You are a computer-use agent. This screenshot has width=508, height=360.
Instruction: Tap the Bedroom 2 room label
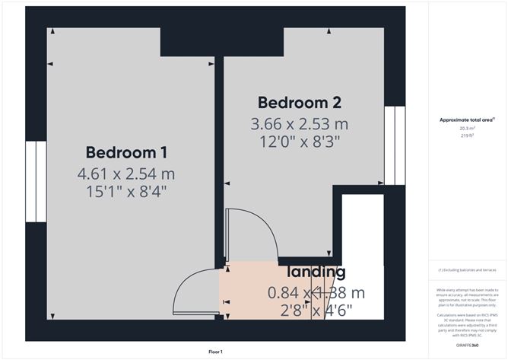click(x=299, y=102)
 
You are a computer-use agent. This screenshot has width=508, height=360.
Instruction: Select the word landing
click(x=316, y=272)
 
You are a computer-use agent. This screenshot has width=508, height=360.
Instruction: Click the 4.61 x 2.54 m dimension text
click(x=126, y=174)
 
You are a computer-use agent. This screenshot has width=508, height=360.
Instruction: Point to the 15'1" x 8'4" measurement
click(x=126, y=193)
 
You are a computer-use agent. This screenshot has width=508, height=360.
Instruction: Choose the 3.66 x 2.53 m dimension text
click(x=299, y=123)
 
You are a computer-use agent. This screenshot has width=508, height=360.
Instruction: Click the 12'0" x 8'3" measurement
click(x=299, y=142)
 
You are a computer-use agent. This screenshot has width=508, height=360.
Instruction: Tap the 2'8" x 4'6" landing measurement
click(x=316, y=310)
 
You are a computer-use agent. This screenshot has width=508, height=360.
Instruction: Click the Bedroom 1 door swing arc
click(x=194, y=291)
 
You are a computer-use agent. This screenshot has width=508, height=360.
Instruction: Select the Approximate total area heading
click(x=466, y=119)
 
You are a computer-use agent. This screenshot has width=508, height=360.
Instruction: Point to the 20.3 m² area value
click(x=467, y=129)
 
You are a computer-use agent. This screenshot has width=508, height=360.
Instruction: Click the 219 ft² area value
click(x=467, y=136)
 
